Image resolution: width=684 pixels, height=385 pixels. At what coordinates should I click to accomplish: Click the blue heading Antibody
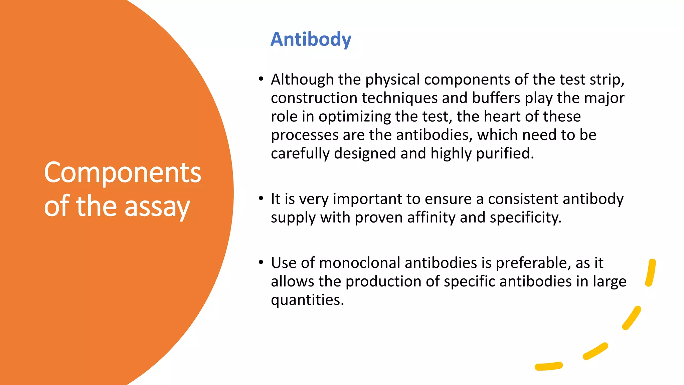311,39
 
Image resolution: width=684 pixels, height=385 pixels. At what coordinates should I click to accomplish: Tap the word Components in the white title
123,173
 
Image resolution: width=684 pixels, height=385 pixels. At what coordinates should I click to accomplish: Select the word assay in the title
157,207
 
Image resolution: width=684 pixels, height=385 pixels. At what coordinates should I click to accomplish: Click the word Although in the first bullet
302,80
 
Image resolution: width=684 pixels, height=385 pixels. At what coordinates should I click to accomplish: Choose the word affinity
431,218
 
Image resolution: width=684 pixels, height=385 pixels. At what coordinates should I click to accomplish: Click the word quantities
307,300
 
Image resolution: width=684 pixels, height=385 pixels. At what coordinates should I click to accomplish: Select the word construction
314,98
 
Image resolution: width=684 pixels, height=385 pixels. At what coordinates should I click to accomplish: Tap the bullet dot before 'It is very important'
261,199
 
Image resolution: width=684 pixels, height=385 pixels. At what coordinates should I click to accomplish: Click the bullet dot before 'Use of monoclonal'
261,262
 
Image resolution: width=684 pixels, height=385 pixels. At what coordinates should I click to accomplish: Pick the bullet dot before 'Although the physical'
261,79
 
